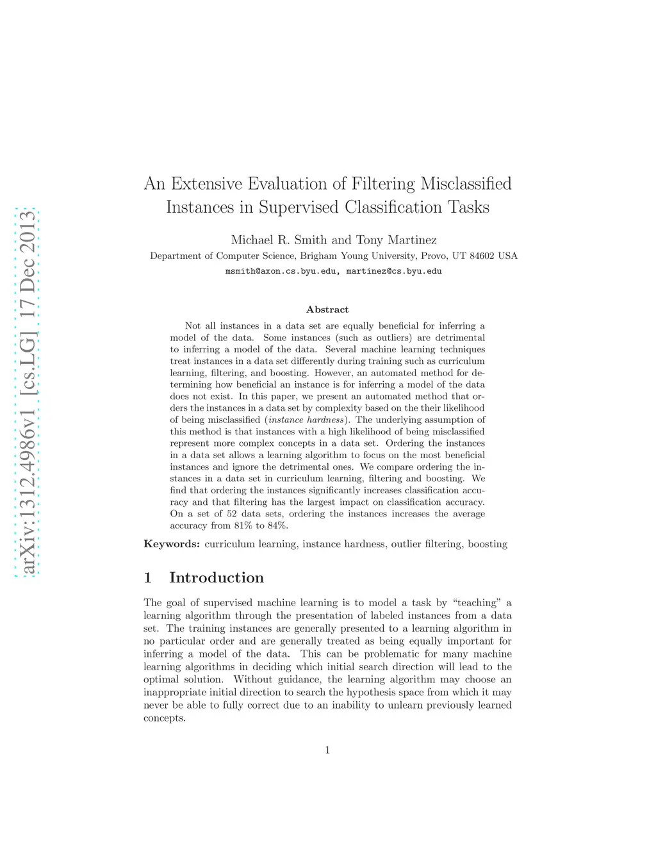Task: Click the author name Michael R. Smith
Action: [279, 240]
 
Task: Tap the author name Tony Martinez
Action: [396, 240]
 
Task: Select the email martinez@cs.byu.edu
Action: [394, 271]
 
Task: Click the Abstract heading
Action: [327, 309]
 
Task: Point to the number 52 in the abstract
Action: [232, 514]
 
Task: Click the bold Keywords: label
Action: [172, 544]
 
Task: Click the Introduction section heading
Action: [216, 578]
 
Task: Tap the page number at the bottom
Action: [327, 750]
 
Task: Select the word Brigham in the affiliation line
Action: [318, 256]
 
